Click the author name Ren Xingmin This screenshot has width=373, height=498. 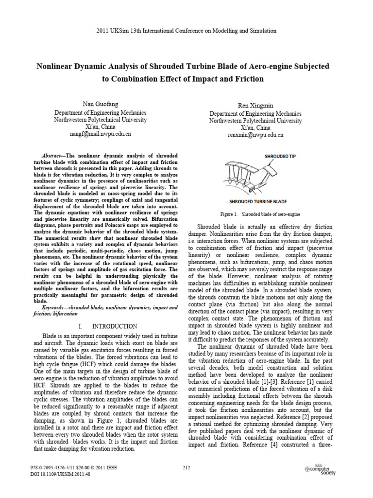pos(255,106)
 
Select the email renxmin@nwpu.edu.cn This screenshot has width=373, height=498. pos(255,135)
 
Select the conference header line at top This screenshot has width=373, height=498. pos(186,31)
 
